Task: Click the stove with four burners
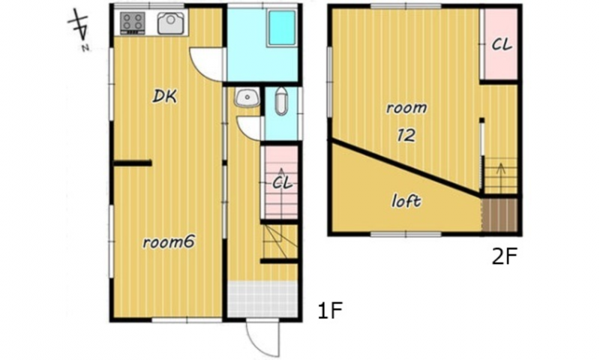(x=133, y=23)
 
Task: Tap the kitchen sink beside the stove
(x=172, y=23)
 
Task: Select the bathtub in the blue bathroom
(x=282, y=28)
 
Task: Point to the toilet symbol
(x=281, y=101)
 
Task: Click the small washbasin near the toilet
(x=247, y=98)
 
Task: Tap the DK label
(x=164, y=97)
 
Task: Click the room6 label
(x=169, y=242)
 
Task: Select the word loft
(x=406, y=200)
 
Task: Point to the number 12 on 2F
(x=406, y=135)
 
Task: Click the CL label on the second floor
(x=501, y=45)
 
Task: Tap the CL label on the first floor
(x=282, y=183)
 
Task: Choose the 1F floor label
(x=330, y=310)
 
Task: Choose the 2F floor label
(x=504, y=256)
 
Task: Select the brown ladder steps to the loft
(x=499, y=214)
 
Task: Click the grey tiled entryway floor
(x=262, y=299)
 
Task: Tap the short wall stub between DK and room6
(x=133, y=163)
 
